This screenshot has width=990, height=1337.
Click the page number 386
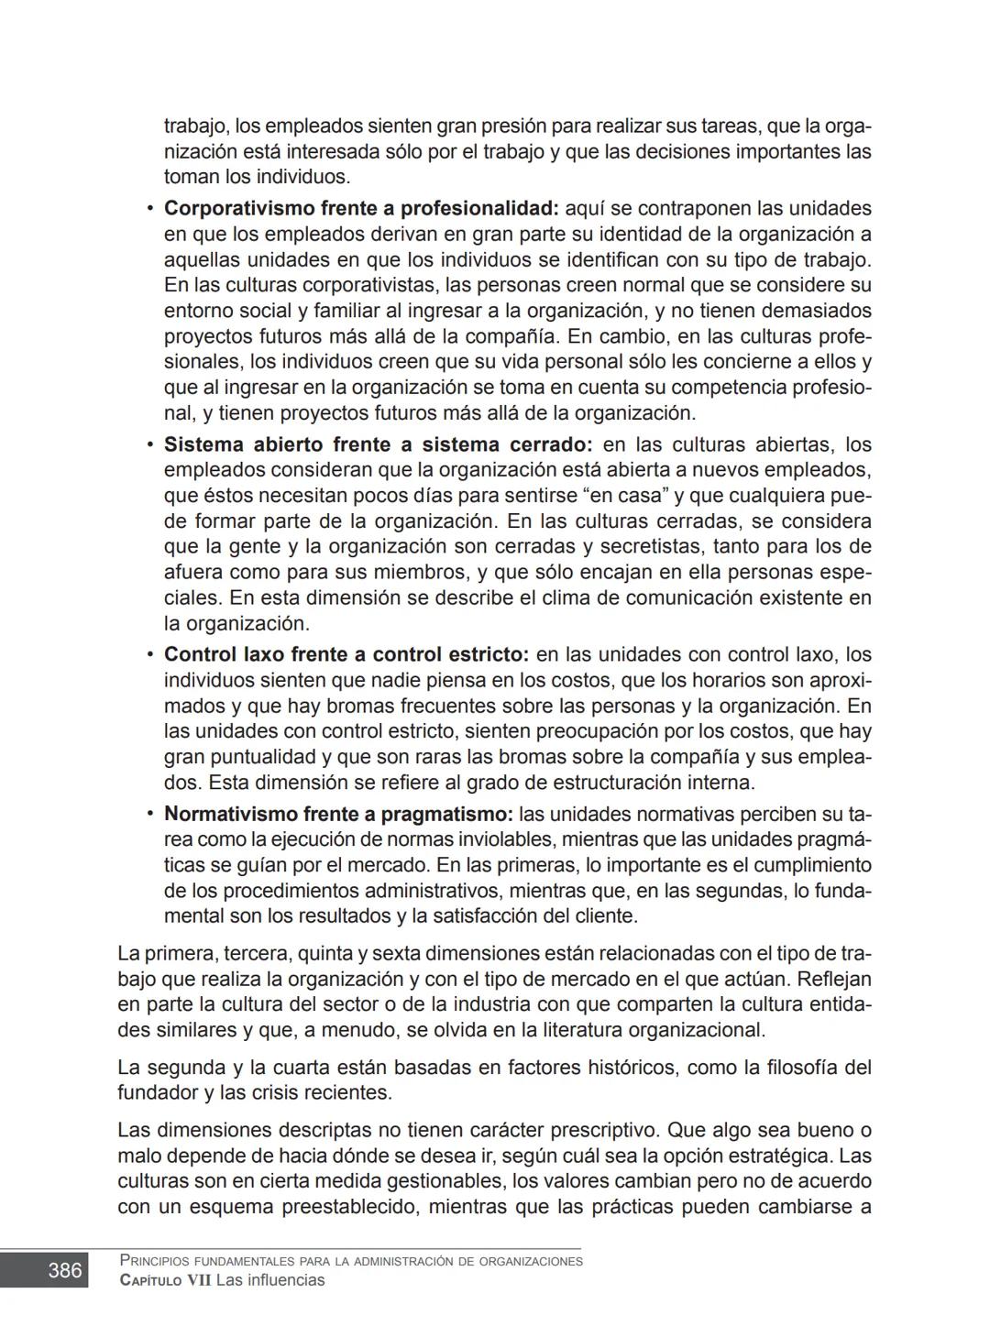pyautogui.click(x=64, y=1270)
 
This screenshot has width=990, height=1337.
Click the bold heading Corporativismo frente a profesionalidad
pyautogui.click(x=361, y=209)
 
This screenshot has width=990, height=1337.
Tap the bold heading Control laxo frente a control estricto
pyautogui.click(x=346, y=655)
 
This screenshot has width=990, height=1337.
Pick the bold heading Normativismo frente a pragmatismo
pyautogui.click(x=338, y=815)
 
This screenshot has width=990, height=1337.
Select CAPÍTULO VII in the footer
pyautogui.click(x=165, y=1281)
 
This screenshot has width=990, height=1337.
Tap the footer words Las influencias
pyautogui.click(x=270, y=1281)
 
